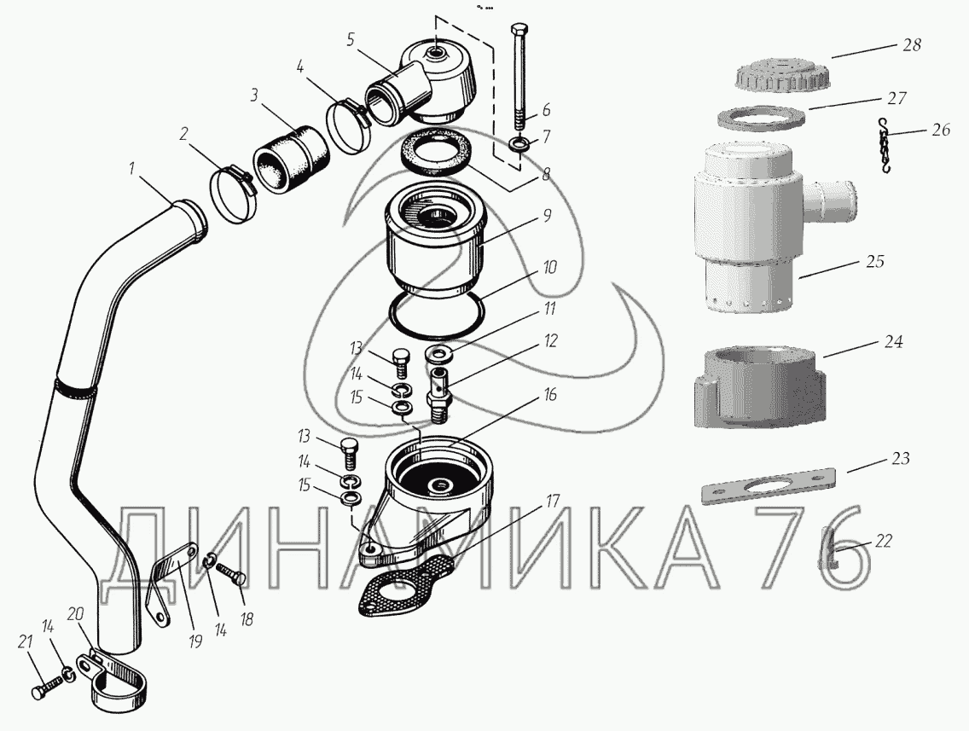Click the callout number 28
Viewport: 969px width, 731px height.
(912, 45)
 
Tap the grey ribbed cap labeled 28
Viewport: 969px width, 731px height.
(782, 74)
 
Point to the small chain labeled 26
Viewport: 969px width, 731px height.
(885, 146)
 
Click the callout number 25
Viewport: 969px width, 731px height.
(874, 261)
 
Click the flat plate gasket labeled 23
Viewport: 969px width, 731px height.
(769, 485)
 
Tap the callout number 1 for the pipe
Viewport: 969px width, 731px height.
(131, 168)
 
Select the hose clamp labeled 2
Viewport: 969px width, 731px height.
(233, 194)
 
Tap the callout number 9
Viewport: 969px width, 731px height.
(547, 216)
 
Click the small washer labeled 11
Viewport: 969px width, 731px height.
(438, 355)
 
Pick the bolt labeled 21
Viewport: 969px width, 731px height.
(47, 687)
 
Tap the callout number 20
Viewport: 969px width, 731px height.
(74, 614)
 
